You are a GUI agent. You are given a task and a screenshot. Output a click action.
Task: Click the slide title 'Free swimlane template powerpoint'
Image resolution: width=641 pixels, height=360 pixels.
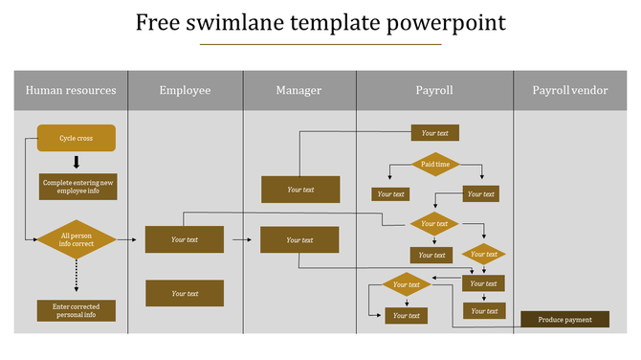320,21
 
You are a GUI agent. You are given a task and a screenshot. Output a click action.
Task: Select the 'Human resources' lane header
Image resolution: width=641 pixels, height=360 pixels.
71,91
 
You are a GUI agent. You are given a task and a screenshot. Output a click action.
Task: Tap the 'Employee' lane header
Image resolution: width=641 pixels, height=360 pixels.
185,91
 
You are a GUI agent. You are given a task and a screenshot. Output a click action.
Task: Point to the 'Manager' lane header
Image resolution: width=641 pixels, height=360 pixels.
298,91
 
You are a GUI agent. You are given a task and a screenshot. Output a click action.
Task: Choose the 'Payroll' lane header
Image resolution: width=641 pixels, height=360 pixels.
434,91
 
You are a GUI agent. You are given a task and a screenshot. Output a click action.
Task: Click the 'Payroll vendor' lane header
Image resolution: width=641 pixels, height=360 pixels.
570,91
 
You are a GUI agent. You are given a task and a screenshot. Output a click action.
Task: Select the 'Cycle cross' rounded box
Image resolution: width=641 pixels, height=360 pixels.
77,138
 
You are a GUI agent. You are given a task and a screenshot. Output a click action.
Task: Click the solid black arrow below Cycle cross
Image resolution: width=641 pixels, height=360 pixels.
77,162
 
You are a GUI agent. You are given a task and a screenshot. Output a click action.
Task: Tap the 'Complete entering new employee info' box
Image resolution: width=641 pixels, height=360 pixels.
77,187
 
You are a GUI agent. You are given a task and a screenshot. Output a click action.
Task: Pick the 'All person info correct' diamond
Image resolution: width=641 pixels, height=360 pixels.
77,239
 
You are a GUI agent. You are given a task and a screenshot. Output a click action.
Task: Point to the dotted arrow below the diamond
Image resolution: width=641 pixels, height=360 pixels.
77,278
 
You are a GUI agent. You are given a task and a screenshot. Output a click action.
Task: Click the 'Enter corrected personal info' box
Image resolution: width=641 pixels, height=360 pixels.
77,310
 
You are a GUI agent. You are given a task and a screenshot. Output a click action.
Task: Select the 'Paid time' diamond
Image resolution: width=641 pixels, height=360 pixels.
435,165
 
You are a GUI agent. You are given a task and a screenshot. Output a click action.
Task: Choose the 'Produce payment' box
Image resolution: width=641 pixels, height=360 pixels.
564,320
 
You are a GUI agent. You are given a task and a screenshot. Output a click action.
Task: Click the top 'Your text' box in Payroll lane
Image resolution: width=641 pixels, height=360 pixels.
435,133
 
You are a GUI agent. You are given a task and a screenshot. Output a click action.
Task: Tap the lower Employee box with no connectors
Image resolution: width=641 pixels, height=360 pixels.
185,293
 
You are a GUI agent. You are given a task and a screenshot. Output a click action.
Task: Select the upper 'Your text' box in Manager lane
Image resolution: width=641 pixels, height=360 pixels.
300,190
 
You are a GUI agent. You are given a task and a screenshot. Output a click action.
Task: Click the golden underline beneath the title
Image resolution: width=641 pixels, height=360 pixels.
320,44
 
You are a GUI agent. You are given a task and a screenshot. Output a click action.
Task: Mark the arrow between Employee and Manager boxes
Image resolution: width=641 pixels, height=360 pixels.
242,239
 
